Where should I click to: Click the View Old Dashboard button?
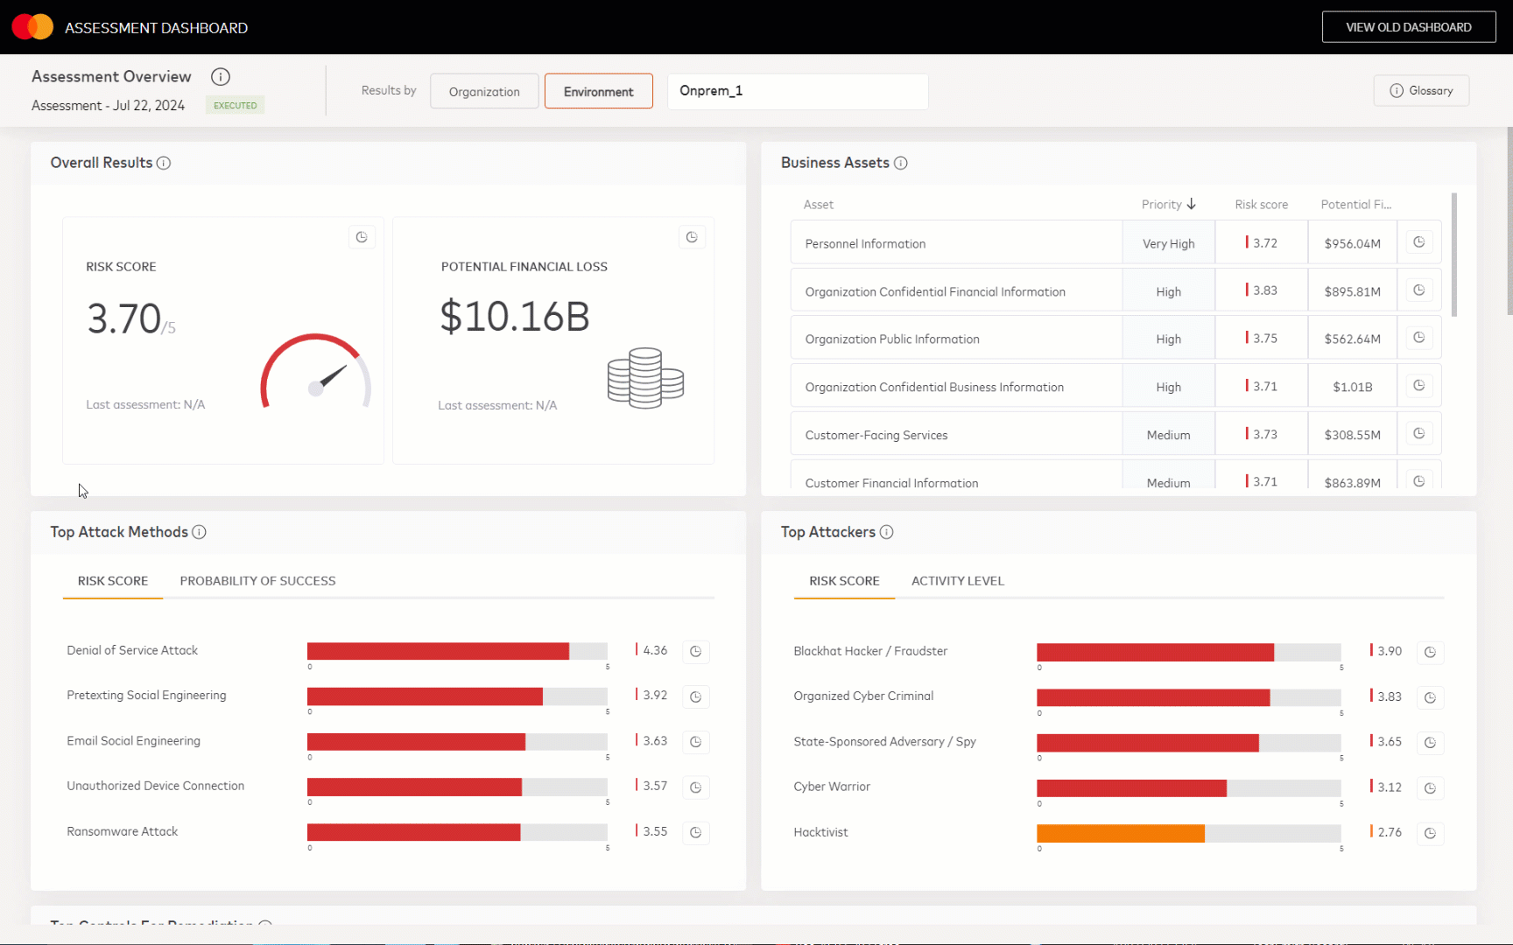[x=1408, y=27]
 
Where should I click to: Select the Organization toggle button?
[x=484, y=92]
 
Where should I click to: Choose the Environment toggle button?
[x=598, y=92]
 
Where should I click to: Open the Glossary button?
[x=1421, y=91]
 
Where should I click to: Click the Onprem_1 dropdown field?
[x=797, y=91]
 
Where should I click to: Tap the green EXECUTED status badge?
[x=236, y=105]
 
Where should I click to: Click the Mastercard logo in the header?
[x=32, y=27]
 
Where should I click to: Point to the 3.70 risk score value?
[x=124, y=318]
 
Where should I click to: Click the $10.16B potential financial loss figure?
[x=515, y=316]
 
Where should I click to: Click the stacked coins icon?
[x=645, y=378]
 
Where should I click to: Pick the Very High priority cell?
[x=1168, y=244]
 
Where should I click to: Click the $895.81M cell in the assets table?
[x=1352, y=291]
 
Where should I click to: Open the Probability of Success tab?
[x=257, y=581]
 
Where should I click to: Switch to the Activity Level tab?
[x=957, y=581]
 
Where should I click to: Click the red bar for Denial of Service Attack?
[x=438, y=651]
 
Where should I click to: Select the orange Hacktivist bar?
[x=1120, y=833]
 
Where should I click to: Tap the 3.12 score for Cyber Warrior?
[x=1389, y=787]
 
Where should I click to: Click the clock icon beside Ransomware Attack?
[x=695, y=832]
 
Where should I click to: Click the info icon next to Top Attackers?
[x=886, y=532]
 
